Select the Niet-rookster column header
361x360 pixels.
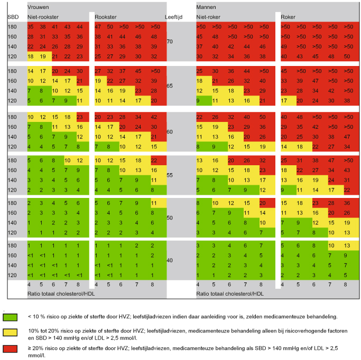click(x=44, y=17)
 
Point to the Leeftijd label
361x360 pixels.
click(x=174, y=17)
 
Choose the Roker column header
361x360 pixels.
click(x=289, y=17)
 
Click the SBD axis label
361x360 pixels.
click(x=13, y=17)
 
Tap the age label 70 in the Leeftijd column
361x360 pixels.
click(x=170, y=41)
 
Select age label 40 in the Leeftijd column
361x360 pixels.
click(x=170, y=260)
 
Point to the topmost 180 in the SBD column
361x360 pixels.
click(x=13, y=27)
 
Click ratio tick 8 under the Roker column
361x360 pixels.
click(x=346, y=285)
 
